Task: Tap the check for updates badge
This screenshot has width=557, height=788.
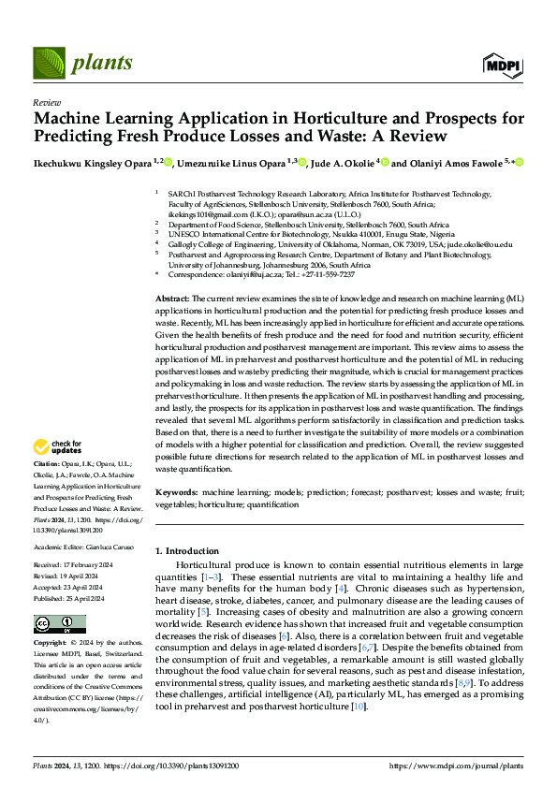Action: point(58,447)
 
